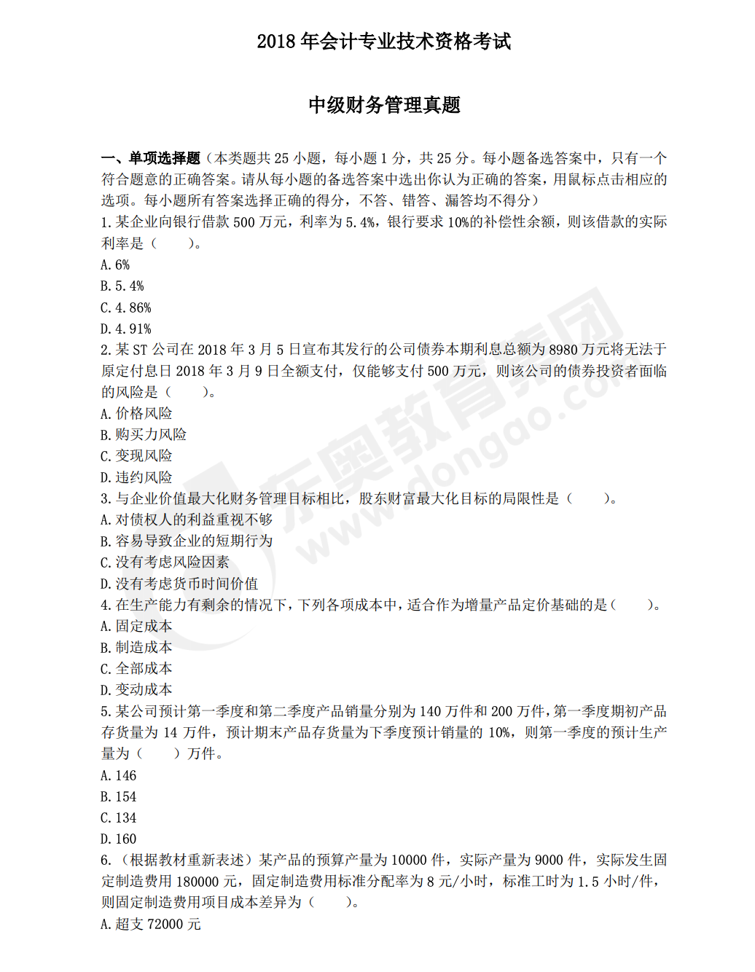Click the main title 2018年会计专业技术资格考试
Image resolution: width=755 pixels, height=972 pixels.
click(x=383, y=42)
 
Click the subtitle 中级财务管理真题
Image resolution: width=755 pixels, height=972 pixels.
click(x=384, y=105)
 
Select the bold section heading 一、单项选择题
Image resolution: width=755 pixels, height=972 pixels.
click(x=151, y=158)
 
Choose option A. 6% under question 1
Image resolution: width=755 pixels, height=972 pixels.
click(x=115, y=264)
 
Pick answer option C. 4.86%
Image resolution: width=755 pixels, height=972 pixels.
click(x=126, y=307)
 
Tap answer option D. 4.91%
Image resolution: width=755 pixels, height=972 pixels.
click(x=126, y=329)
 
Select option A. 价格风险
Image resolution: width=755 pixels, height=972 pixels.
click(x=136, y=413)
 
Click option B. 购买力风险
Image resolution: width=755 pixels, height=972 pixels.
click(x=144, y=434)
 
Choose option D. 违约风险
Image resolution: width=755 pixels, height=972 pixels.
click(x=136, y=477)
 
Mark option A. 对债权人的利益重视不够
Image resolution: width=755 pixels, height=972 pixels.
click(x=187, y=520)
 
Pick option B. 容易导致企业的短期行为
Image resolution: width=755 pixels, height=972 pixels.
click(x=187, y=541)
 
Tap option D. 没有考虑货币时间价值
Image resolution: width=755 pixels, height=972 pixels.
click(x=179, y=584)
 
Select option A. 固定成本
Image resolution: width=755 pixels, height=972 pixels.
click(x=136, y=626)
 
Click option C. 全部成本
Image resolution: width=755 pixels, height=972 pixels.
click(x=136, y=668)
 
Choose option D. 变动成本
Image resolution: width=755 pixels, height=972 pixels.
click(x=136, y=689)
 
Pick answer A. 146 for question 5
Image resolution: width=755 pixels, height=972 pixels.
click(x=119, y=775)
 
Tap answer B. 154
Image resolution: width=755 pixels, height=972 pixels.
click(x=119, y=796)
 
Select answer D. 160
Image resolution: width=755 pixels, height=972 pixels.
click(x=119, y=839)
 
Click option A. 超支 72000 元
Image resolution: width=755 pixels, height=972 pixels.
click(x=151, y=924)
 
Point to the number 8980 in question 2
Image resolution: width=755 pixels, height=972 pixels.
click(x=563, y=350)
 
